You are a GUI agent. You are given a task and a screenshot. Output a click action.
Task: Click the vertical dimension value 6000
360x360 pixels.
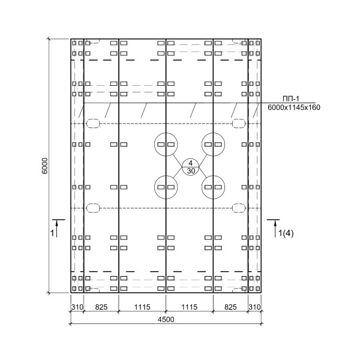tap(45, 166)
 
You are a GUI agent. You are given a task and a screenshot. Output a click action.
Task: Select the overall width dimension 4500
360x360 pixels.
tap(166, 319)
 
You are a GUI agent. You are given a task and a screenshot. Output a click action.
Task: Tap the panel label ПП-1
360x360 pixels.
tap(291, 99)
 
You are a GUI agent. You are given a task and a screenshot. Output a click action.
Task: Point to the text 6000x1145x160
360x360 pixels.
tap(294, 107)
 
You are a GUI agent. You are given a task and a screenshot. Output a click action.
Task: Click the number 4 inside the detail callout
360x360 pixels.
tap(190, 163)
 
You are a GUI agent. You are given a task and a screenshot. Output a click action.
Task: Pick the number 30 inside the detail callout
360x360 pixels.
tap(191, 170)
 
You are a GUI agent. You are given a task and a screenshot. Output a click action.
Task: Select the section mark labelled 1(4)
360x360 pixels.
tap(286, 233)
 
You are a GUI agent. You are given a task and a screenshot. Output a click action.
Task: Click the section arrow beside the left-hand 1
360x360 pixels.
tap(56, 229)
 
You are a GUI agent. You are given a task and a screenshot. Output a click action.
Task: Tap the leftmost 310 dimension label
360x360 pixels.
tap(77, 307)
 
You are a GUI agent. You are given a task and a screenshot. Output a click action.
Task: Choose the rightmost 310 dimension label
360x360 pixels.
tap(254, 307)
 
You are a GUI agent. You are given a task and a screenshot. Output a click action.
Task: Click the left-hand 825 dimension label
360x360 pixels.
tap(101, 307)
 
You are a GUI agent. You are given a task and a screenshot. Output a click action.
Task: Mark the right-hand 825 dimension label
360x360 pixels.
tap(230, 307)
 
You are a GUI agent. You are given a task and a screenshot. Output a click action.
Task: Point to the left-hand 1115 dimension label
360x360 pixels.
tap(142, 307)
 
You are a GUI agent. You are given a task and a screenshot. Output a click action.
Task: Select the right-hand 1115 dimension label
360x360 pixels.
tap(190, 307)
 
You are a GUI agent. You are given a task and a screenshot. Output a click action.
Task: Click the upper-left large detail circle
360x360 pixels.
tap(155, 145)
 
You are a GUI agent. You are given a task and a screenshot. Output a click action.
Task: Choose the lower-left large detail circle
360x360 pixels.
tap(155, 187)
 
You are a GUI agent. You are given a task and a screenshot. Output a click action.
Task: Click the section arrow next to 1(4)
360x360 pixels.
tap(275, 229)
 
